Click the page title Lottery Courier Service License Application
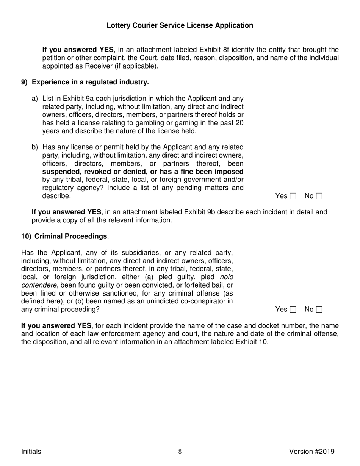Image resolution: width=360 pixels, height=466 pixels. coord(180,25)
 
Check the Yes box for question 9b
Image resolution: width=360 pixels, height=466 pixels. coord(293,196)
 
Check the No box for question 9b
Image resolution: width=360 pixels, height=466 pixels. coord(319,196)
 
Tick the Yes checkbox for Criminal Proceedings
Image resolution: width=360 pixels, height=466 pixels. coord(293,310)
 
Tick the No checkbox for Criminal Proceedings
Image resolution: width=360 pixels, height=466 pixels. coord(319,310)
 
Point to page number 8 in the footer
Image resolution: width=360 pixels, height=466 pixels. coord(180,451)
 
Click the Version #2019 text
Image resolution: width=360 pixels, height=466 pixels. coord(311,451)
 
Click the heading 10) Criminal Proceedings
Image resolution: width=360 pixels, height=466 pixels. coord(64,236)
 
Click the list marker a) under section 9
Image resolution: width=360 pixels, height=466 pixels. coord(35,99)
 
